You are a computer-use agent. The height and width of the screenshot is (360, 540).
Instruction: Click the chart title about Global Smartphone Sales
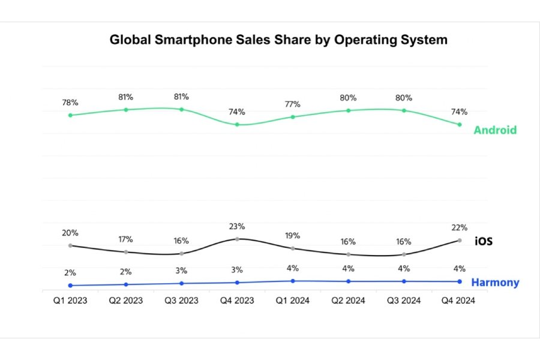(278, 40)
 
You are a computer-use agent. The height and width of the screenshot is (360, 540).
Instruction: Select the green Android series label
(495, 130)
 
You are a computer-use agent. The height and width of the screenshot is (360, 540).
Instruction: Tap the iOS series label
(484, 241)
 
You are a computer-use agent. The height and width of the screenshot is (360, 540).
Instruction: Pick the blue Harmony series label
(495, 283)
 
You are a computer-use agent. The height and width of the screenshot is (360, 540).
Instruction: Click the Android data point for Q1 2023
(70, 115)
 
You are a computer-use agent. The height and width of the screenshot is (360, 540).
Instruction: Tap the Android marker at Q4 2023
(237, 125)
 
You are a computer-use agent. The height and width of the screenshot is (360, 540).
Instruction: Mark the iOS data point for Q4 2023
(237, 239)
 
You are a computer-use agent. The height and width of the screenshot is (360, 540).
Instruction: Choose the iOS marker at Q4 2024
(460, 241)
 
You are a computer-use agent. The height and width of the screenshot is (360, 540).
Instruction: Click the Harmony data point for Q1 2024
(293, 281)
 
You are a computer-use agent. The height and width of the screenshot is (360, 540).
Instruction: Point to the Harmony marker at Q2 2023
(126, 284)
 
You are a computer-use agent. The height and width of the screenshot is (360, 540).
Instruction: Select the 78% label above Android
(70, 103)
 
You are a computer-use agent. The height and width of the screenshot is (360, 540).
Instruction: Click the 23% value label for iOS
(237, 226)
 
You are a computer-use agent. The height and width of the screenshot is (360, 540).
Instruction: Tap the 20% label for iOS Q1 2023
(70, 233)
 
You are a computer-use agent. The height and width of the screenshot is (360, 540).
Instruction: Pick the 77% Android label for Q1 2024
(293, 104)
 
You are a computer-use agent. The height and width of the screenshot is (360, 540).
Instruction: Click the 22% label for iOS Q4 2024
(460, 228)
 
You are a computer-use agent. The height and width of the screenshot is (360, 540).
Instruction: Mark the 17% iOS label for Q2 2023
(126, 239)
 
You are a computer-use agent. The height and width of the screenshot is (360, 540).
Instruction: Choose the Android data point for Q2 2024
(348, 110)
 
